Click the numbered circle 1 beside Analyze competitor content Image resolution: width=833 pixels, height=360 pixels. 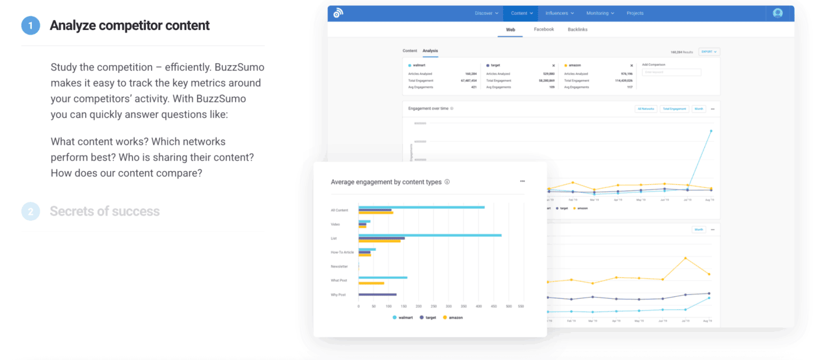pos(31,25)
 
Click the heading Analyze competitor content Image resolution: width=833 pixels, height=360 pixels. pos(130,25)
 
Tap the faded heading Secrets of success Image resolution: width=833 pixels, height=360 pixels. pos(104,211)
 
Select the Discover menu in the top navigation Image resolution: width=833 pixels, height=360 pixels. pos(487,13)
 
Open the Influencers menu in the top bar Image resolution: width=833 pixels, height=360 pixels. pos(560,13)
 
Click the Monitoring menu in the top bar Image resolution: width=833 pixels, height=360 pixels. pos(600,13)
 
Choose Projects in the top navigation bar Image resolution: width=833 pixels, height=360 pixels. pos(635,13)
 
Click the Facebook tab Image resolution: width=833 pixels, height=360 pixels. pos(543,29)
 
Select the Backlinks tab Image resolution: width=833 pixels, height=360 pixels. pos(577,29)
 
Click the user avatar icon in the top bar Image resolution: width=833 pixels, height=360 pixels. pos(778,13)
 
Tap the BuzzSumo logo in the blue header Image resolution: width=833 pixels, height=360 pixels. pos(338,13)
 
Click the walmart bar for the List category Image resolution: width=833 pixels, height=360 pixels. pos(430,235)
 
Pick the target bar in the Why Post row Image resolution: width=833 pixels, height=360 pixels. pos(377,295)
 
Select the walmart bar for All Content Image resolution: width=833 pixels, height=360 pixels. pos(421,207)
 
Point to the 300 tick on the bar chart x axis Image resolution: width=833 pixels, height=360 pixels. pos(448,306)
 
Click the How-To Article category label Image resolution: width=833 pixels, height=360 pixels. pos(342,252)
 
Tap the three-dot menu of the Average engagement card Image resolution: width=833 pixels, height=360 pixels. pos(522,182)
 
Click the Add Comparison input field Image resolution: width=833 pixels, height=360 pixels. pos(672,72)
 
